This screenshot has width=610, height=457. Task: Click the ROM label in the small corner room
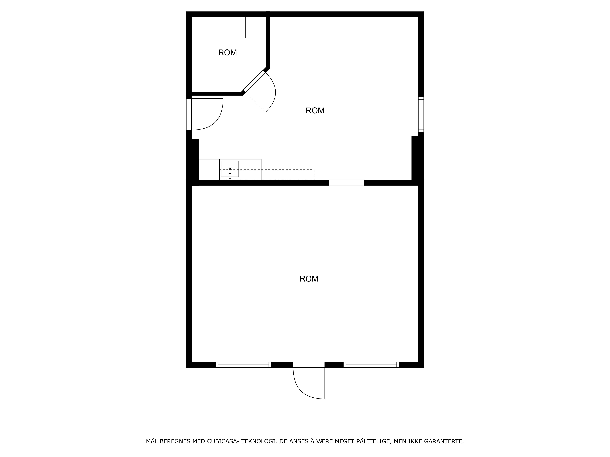click(x=228, y=53)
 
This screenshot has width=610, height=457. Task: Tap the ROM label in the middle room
click(x=315, y=110)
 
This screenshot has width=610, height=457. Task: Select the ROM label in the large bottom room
click(x=309, y=279)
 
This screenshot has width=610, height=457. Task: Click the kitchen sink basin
click(x=230, y=169)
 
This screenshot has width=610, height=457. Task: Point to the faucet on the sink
click(x=230, y=176)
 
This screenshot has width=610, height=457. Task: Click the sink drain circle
click(x=230, y=169)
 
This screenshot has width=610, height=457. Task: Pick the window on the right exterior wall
click(x=421, y=114)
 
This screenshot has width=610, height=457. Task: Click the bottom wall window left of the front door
click(x=243, y=365)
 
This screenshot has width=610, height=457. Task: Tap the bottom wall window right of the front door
click(x=371, y=365)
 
